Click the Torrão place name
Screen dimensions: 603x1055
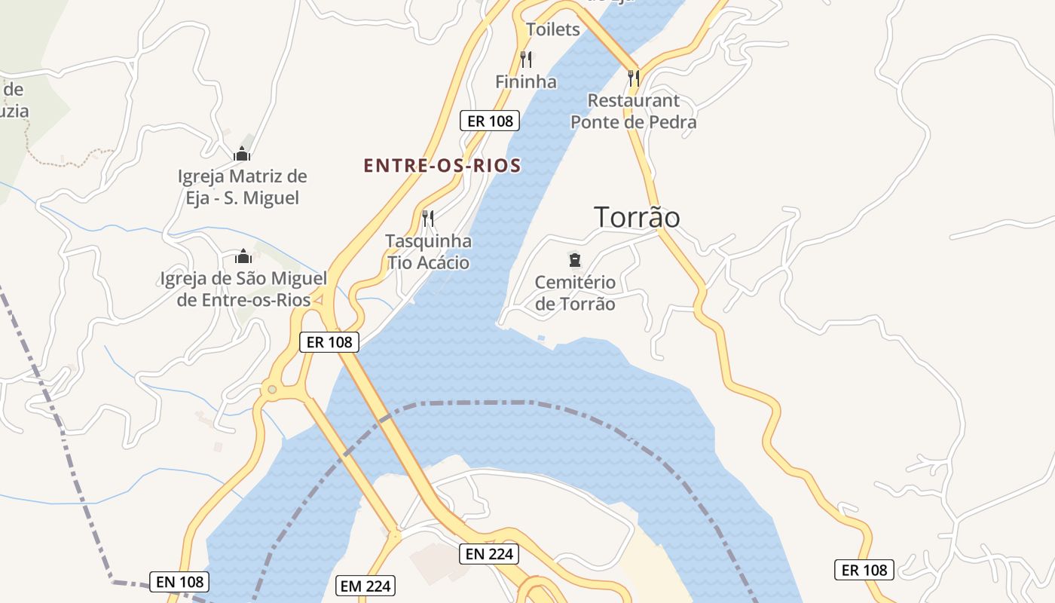[x=637, y=217]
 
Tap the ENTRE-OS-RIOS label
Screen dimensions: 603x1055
[x=442, y=166]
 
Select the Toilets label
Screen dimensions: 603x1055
[x=553, y=29]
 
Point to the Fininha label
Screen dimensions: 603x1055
[x=526, y=81]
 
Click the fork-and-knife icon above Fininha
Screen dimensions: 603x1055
[x=526, y=59]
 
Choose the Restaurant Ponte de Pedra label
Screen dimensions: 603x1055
[x=633, y=111]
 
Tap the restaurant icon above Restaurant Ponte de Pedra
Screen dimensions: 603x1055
[x=633, y=77]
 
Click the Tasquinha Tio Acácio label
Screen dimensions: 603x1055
[x=428, y=252]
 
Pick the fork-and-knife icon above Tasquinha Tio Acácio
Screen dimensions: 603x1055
[x=428, y=219]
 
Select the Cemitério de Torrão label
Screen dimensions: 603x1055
[x=575, y=293]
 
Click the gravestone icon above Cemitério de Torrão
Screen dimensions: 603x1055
[x=575, y=261]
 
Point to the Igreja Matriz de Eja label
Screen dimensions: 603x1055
[x=242, y=187]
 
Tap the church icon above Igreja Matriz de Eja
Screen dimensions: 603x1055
[x=242, y=155]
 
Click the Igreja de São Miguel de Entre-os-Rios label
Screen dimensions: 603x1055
[x=243, y=289]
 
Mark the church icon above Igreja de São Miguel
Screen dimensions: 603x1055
[x=243, y=256]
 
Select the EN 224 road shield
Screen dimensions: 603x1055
[x=489, y=554]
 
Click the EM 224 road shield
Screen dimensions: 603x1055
[x=365, y=586]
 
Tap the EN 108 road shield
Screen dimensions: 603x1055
[x=179, y=581]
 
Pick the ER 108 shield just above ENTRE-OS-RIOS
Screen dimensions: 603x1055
[x=490, y=120]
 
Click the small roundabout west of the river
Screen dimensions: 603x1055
[x=271, y=390]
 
